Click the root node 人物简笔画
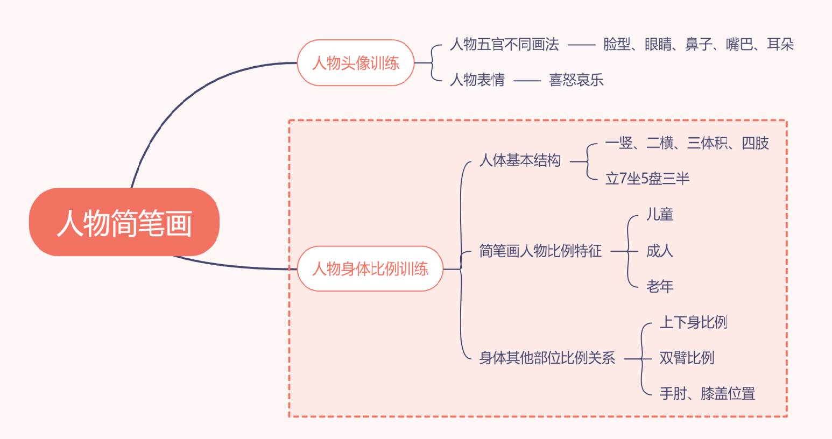pyautogui.click(x=124, y=222)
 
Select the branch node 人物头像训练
pyautogui.click(x=356, y=63)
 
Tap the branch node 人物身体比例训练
pyautogui.click(x=370, y=268)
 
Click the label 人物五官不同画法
pyautogui.click(x=504, y=45)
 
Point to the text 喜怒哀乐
pyautogui.click(x=576, y=80)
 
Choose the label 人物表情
pyautogui.click(x=477, y=80)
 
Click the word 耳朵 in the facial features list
pyautogui.click(x=780, y=45)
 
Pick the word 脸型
pyautogui.click(x=617, y=45)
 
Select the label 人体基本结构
pyautogui.click(x=520, y=160)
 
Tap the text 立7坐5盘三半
pyautogui.click(x=647, y=179)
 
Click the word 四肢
pyautogui.click(x=755, y=143)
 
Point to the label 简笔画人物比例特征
pyautogui.click(x=540, y=251)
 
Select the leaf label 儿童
pyautogui.click(x=660, y=215)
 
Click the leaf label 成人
pyautogui.click(x=660, y=251)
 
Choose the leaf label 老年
pyautogui.click(x=660, y=286)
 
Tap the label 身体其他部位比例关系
pyautogui.click(x=547, y=358)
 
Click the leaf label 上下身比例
pyautogui.click(x=694, y=322)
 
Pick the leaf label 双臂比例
pyautogui.click(x=687, y=358)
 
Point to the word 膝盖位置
pyautogui.click(x=728, y=394)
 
